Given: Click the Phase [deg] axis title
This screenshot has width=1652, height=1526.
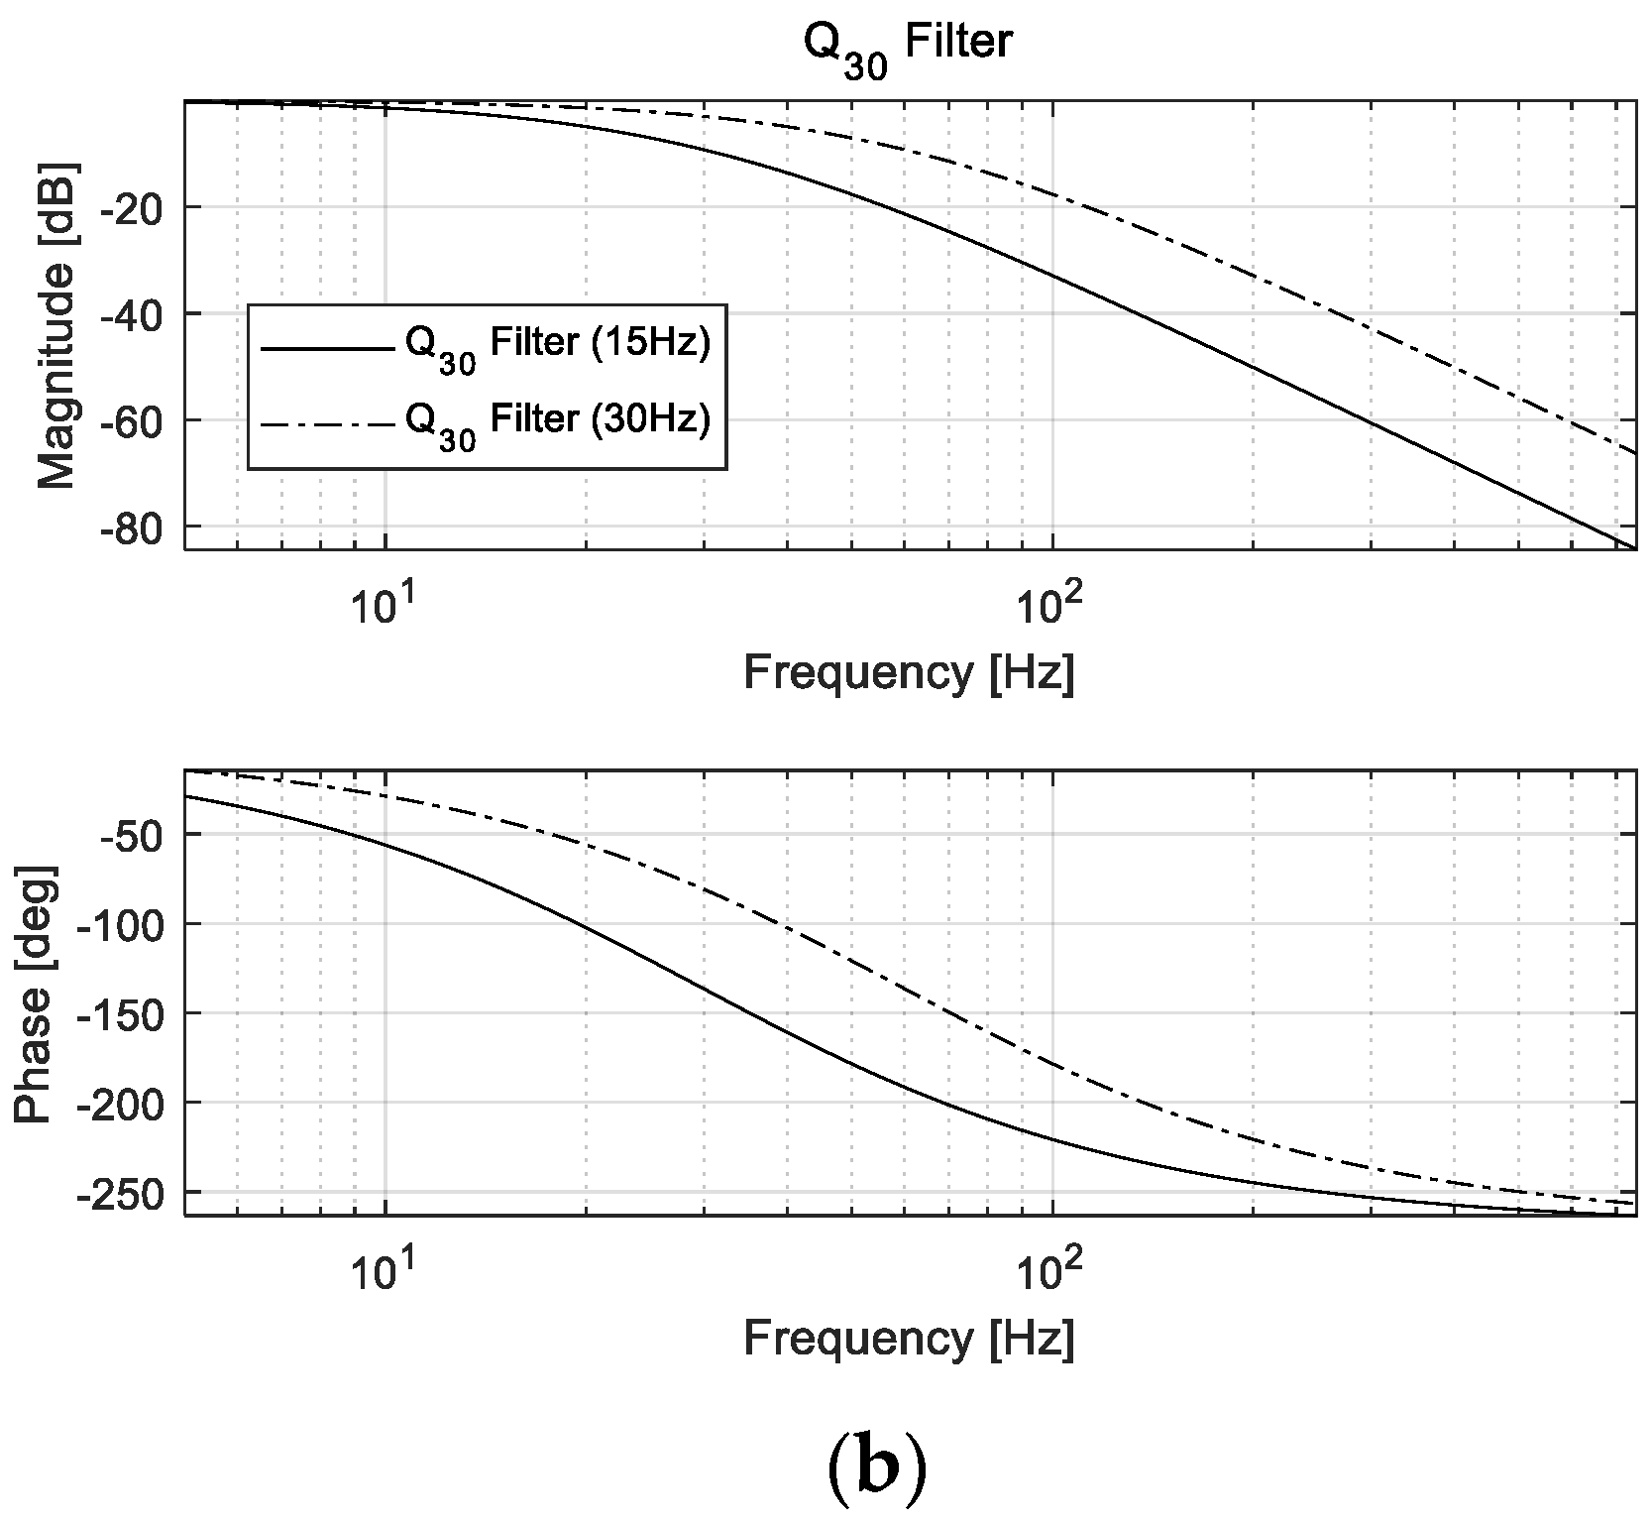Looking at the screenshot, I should (x=36, y=994).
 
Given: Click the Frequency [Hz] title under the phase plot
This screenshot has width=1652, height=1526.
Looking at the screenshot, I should (x=909, y=1340).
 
